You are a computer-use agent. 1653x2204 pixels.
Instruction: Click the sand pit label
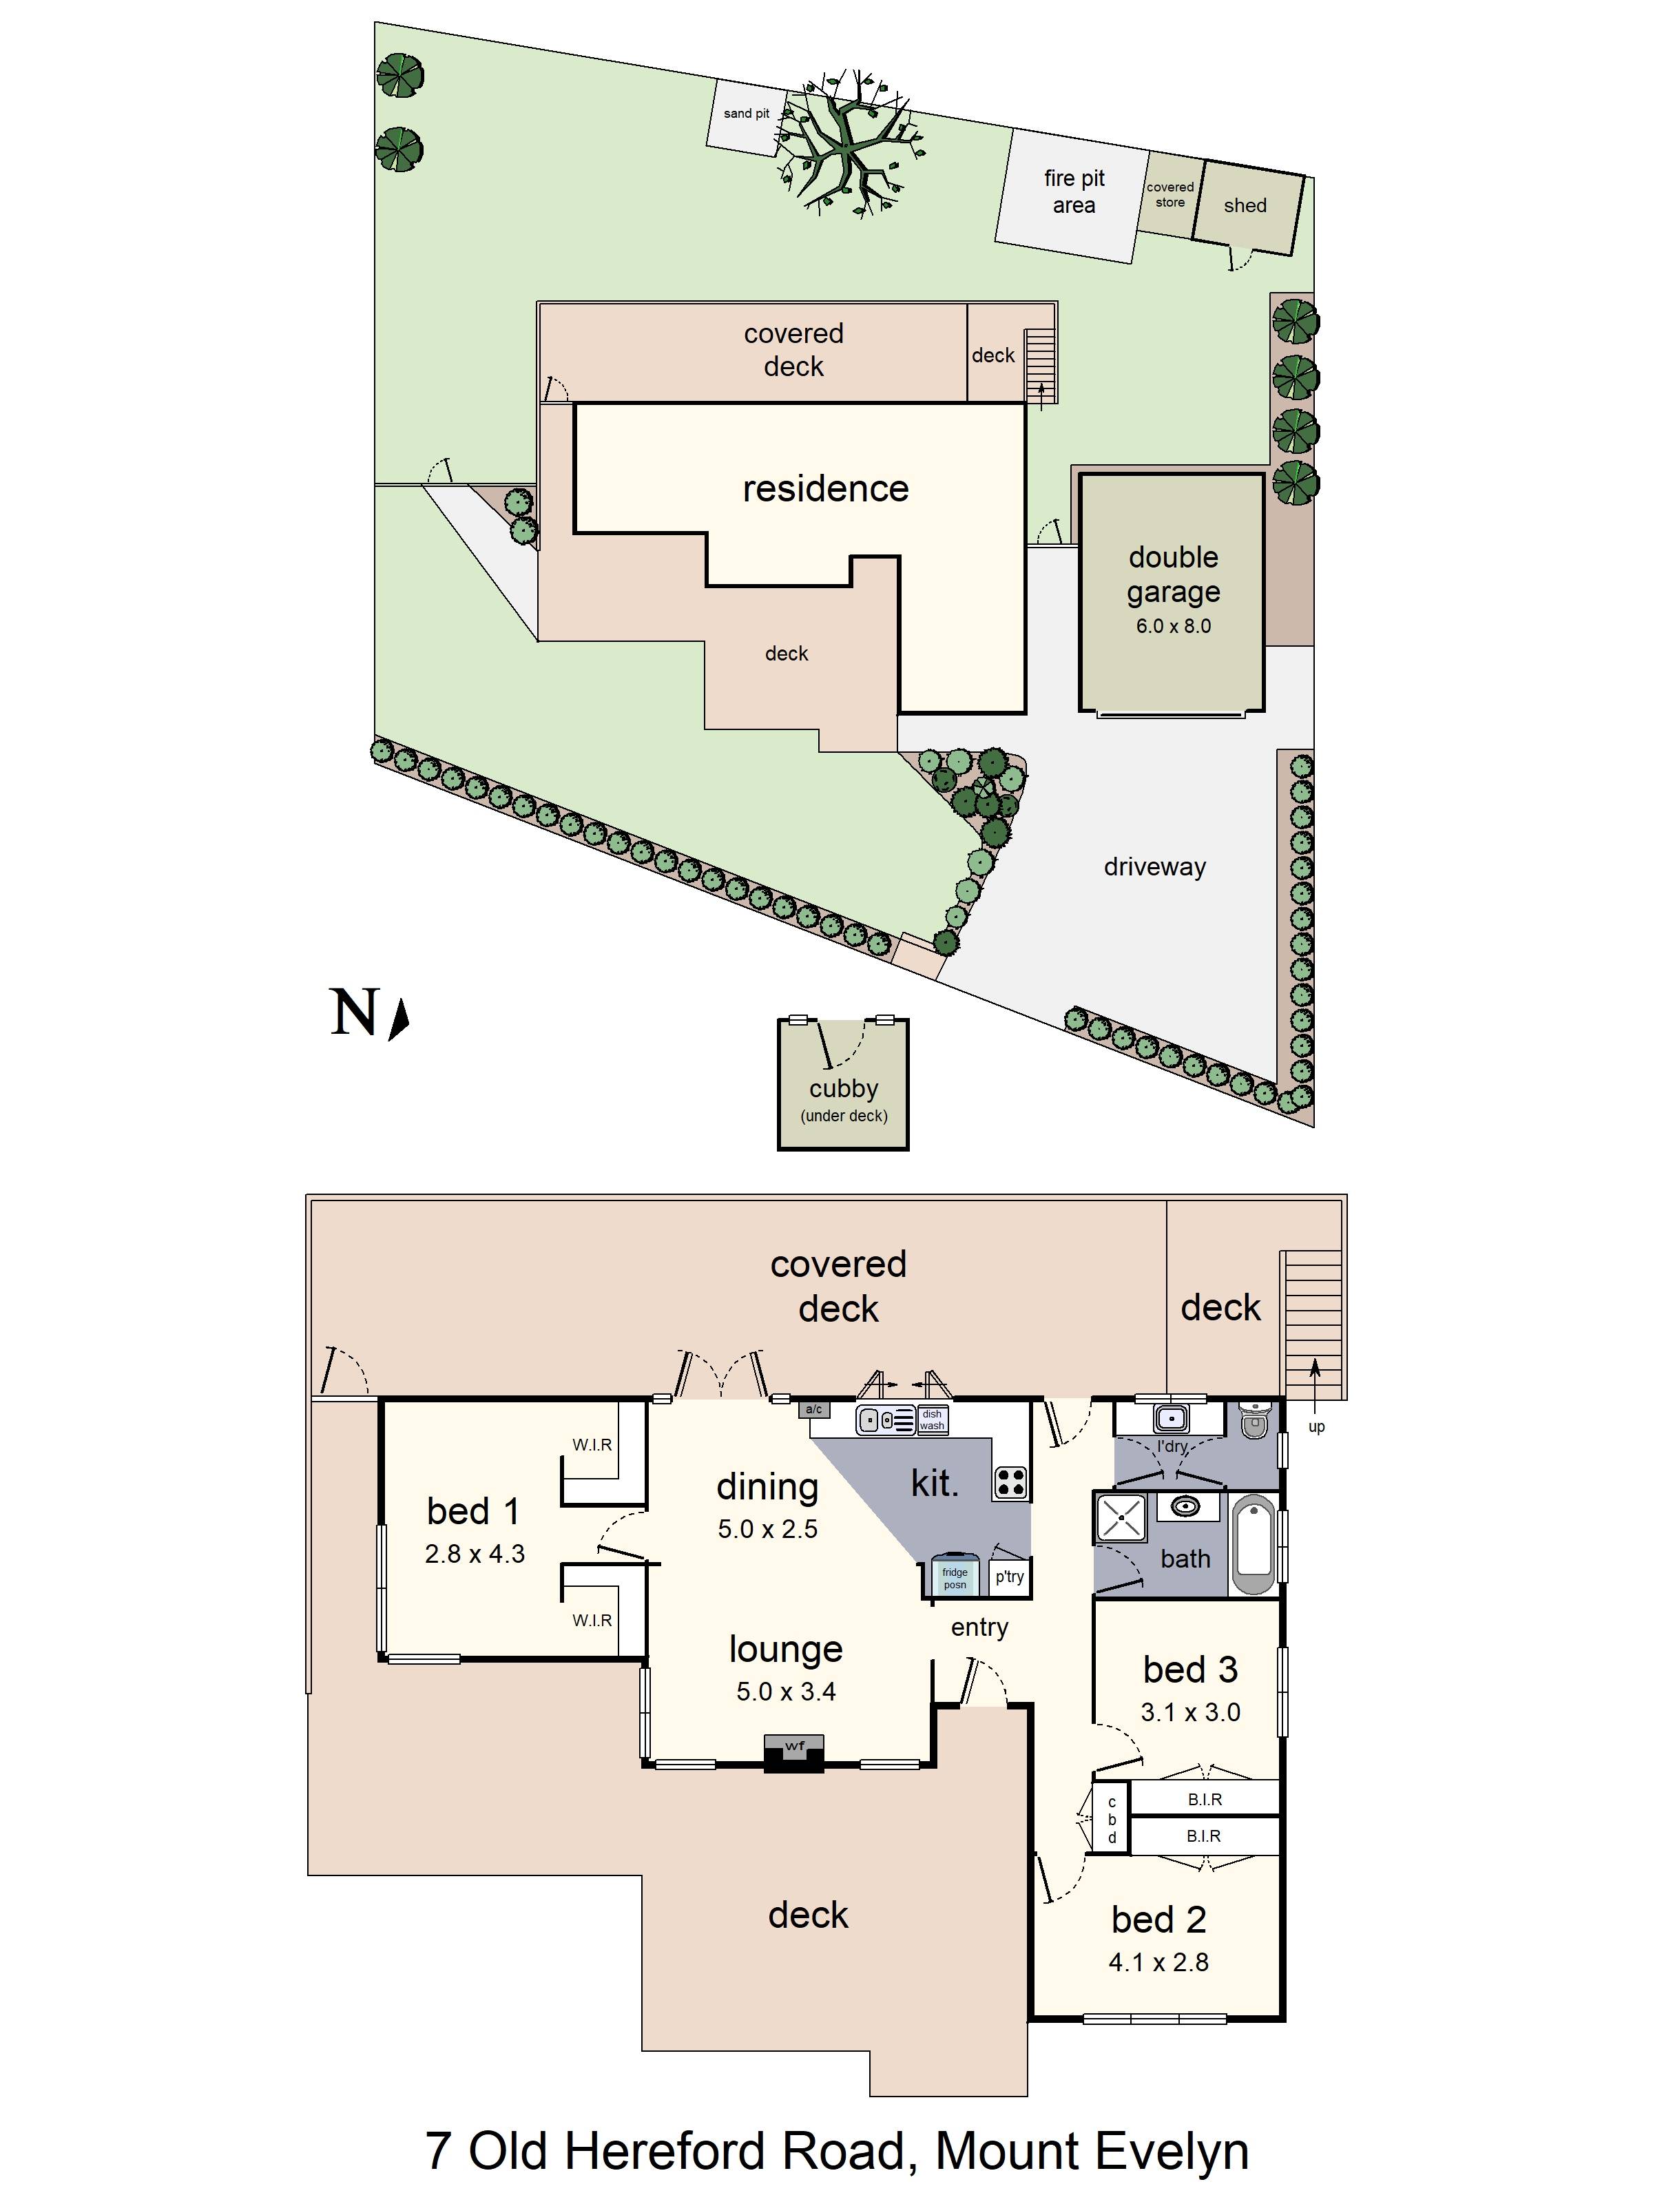(745, 114)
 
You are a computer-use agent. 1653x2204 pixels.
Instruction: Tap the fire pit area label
(1073, 191)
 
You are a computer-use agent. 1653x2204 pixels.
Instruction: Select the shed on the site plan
(1245, 206)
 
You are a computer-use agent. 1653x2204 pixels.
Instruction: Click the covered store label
(1169, 194)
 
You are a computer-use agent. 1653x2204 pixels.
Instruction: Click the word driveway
(1154, 867)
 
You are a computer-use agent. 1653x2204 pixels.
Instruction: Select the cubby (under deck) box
(843, 1086)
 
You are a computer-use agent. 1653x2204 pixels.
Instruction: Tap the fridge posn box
(955, 1577)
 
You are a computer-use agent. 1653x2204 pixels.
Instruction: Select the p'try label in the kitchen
(1009, 1577)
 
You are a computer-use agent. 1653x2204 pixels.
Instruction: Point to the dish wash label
(932, 1420)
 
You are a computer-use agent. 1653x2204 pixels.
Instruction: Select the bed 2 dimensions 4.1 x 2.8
(1158, 1963)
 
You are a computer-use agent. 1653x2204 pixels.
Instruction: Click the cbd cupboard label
(1112, 1820)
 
